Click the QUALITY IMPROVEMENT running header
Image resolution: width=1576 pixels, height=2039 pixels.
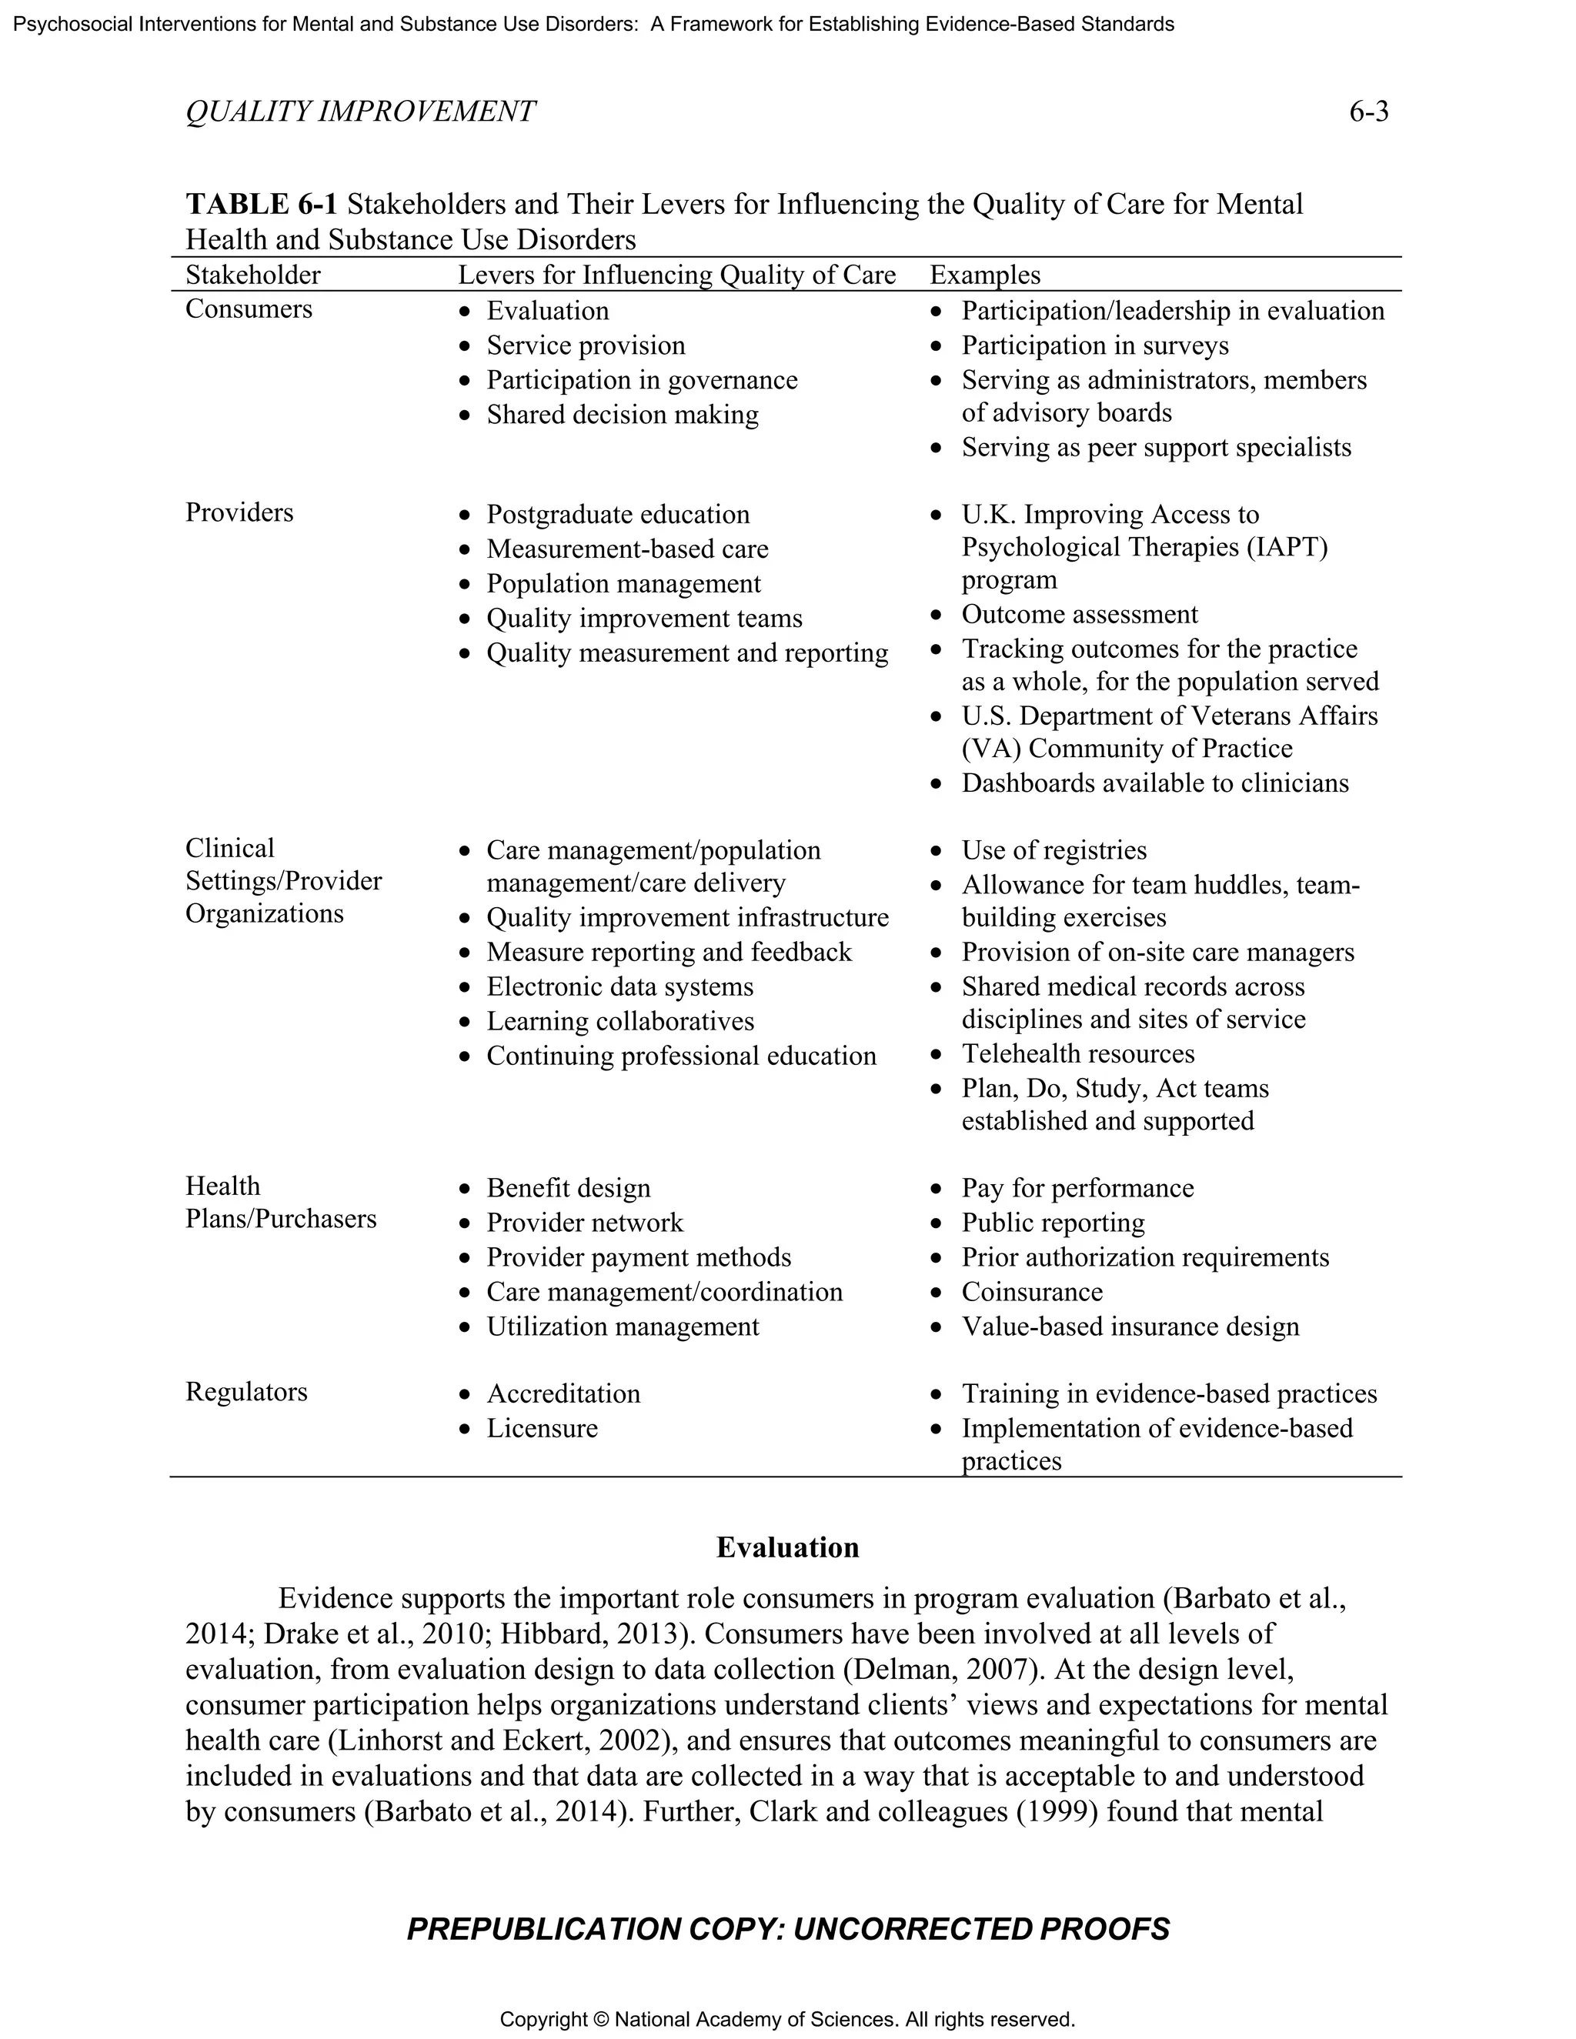click(x=360, y=112)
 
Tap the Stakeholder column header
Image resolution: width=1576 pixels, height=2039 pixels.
click(x=253, y=275)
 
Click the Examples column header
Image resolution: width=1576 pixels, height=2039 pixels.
click(x=985, y=275)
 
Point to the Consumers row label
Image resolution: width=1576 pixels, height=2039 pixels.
click(x=249, y=309)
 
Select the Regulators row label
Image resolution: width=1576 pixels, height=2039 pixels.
click(x=245, y=1391)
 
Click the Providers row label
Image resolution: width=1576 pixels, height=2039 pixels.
click(x=239, y=512)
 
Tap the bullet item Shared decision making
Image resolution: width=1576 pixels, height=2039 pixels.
click(x=622, y=415)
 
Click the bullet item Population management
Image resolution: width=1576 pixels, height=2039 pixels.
click(x=623, y=583)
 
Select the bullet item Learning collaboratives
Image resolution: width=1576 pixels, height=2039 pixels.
click(x=620, y=1021)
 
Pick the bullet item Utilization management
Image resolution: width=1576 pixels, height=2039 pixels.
click(x=622, y=1327)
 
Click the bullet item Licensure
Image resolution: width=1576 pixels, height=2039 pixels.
click(x=542, y=1428)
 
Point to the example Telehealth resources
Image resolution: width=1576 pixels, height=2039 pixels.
click(x=1077, y=1054)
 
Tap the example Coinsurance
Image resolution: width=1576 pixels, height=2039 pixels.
click(x=1032, y=1292)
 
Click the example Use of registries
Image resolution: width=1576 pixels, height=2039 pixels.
click(x=1054, y=850)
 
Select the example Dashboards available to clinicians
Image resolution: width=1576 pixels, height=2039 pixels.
click(x=1155, y=783)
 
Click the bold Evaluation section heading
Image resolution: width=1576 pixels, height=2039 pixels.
click(x=787, y=1547)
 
